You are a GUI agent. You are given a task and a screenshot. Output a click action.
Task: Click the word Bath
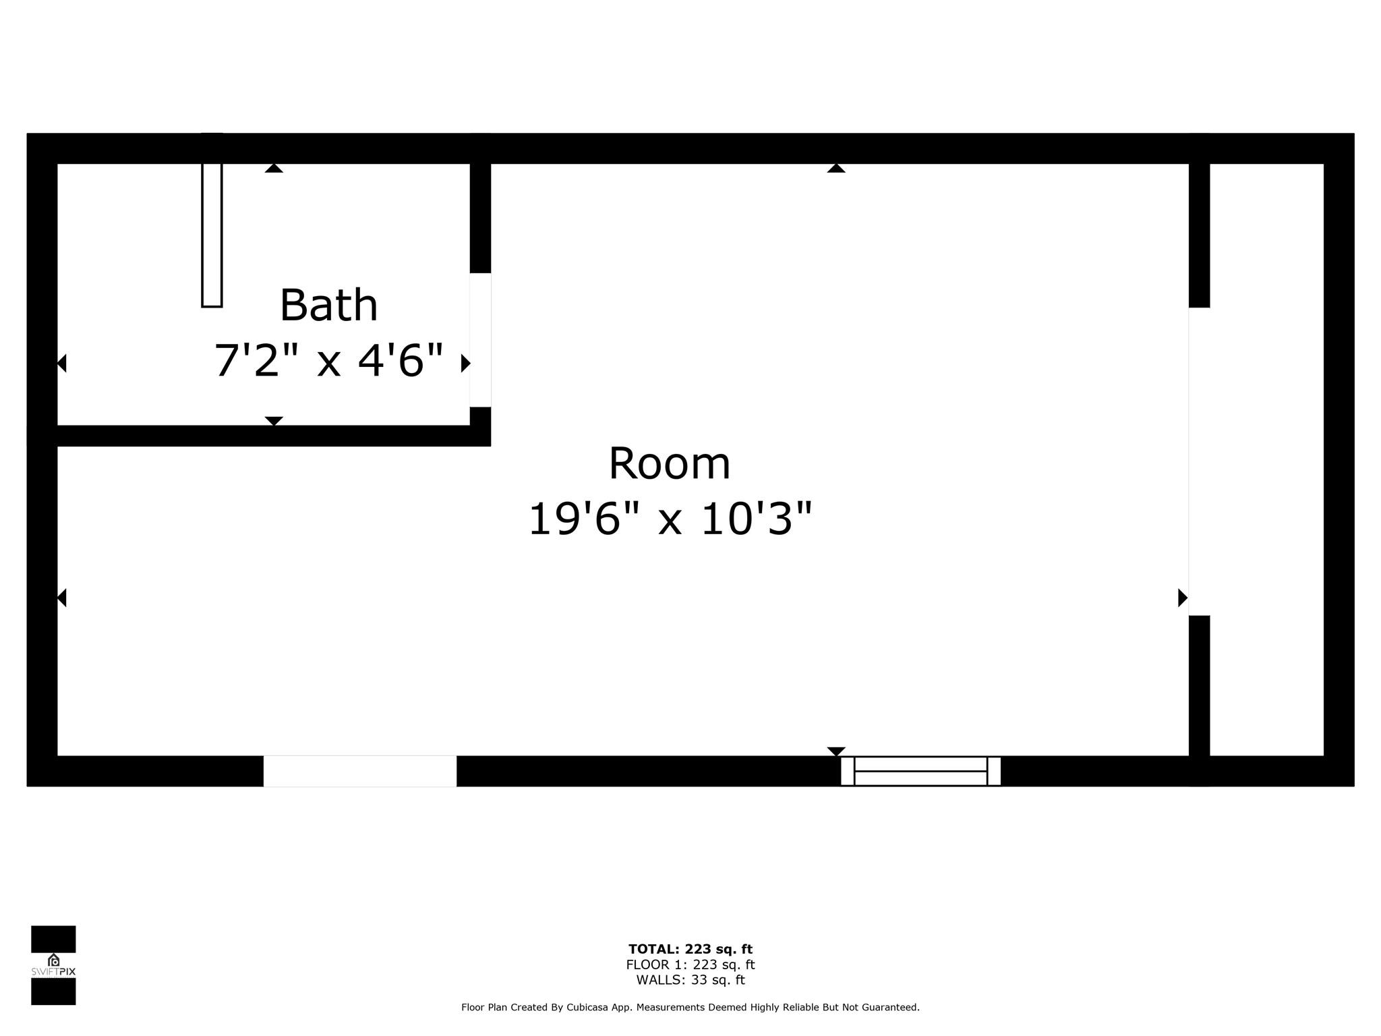point(328,306)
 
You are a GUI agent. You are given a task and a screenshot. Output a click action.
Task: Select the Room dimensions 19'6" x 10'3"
point(670,519)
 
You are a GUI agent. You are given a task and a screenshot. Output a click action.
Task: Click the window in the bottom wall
point(920,771)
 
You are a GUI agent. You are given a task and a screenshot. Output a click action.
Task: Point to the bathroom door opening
point(480,340)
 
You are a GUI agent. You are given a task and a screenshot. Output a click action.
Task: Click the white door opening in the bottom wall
point(360,771)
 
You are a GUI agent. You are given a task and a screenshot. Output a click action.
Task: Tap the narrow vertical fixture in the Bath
point(212,221)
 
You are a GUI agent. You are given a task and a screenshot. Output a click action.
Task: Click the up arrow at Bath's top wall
point(274,168)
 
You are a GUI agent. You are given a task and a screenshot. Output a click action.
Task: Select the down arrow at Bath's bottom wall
point(274,421)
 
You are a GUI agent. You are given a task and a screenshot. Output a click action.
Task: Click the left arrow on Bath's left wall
point(61,363)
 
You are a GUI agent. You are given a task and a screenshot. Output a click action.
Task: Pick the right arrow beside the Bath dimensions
point(465,363)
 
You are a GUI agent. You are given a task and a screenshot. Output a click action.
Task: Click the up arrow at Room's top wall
point(836,168)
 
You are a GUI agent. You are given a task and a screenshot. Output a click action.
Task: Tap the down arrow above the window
point(836,751)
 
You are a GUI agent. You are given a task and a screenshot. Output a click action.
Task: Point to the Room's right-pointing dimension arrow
point(1183,598)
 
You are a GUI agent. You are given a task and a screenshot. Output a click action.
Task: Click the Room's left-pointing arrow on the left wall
point(61,598)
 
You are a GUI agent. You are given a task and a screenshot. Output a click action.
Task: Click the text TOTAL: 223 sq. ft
point(690,950)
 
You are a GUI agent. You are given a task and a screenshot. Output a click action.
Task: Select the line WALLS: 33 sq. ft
point(690,980)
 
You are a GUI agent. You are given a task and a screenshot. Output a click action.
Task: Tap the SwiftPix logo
point(53,965)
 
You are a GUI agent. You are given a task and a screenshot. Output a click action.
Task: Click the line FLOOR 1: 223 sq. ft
point(690,965)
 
